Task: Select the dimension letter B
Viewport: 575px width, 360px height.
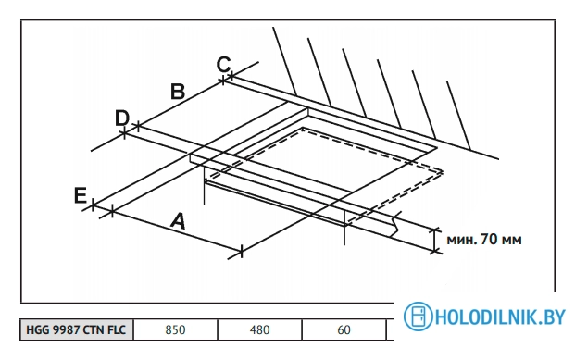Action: [x=178, y=91]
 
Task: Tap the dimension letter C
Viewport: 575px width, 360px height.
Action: [x=223, y=64]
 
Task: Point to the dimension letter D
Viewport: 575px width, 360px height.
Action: [x=121, y=118]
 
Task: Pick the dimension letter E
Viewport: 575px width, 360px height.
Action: [x=81, y=194]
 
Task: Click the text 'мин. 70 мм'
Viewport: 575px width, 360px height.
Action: [x=483, y=240]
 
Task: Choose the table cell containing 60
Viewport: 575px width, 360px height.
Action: [x=344, y=329]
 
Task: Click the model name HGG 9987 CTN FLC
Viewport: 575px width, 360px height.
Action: [x=77, y=329]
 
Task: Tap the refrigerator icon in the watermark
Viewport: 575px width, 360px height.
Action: [x=418, y=316]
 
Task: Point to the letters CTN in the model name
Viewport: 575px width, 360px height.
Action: [x=91, y=329]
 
